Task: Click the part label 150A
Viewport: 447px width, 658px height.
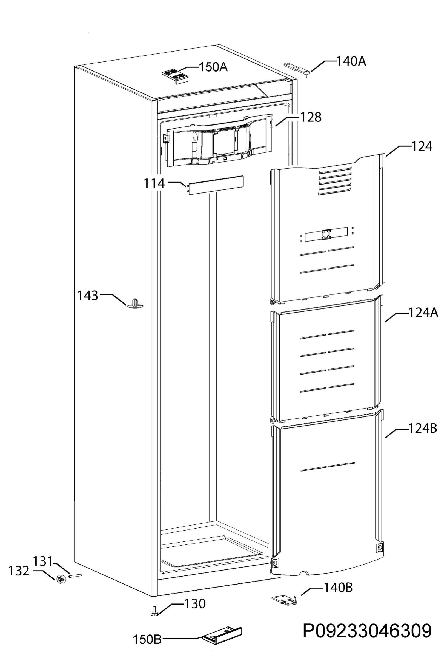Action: coord(213,67)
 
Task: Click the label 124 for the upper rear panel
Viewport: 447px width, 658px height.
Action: coord(421,147)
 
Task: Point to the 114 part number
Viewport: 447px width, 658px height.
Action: coord(154,183)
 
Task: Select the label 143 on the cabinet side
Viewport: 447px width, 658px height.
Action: coord(88,296)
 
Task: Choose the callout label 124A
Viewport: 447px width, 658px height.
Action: coord(423,313)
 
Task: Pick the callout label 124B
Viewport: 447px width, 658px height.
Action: coord(422,428)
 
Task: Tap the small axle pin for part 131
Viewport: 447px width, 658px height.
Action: coord(75,575)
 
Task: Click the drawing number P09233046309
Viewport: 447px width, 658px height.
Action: coord(367,631)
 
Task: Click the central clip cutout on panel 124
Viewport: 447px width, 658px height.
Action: coord(326,234)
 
